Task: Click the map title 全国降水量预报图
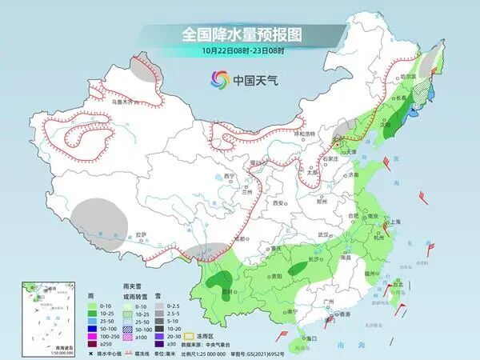[239, 34]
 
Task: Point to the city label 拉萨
[142, 234]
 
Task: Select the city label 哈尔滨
[409, 77]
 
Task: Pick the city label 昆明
[227, 291]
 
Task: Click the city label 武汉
[323, 234]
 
